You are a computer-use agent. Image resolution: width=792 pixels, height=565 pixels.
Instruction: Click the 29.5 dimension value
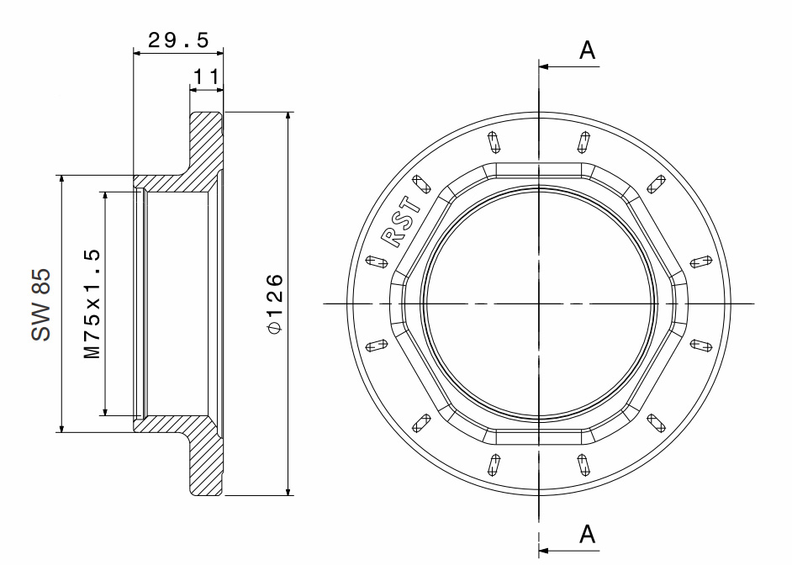pos(177,40)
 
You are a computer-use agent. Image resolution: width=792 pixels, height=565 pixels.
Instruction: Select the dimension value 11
pos(206,77)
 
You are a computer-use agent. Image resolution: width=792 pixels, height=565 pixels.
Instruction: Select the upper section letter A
pos(588,51)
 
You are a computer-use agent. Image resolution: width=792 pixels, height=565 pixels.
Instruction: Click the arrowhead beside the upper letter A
pos(544,66)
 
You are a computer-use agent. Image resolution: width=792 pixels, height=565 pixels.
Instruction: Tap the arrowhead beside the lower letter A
pos(544,552)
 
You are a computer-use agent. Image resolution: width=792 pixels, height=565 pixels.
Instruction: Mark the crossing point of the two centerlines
pos(538,303)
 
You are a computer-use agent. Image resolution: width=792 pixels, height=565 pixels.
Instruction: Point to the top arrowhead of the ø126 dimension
pos(288,117)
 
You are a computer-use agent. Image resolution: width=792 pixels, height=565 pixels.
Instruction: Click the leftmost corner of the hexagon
pos(389,303)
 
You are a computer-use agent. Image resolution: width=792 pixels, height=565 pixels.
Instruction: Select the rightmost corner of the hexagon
pos(687,303)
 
